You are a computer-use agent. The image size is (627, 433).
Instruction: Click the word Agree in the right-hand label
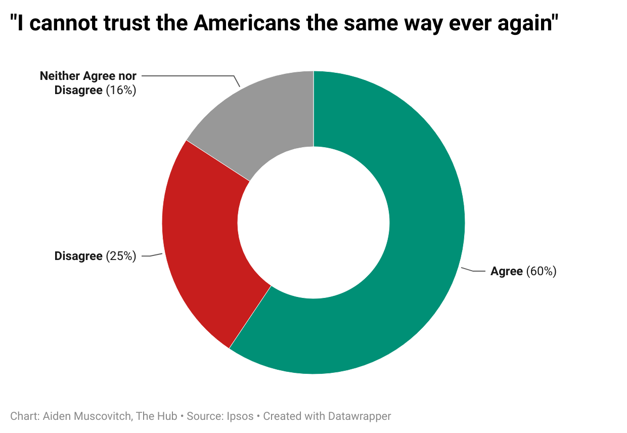coord(506,272)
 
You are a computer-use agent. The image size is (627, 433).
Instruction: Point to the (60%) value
coord(542,272)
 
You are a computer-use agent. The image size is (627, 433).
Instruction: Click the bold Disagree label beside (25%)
coord(78,256)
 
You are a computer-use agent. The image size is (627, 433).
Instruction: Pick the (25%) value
coord(121,256)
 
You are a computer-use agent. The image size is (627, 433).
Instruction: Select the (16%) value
coord(121,91)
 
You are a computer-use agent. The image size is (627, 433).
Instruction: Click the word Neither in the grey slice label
coord(60,76)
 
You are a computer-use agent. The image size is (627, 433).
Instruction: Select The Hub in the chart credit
coord(156,416)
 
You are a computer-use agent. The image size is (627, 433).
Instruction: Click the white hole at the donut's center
coord(313,223)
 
